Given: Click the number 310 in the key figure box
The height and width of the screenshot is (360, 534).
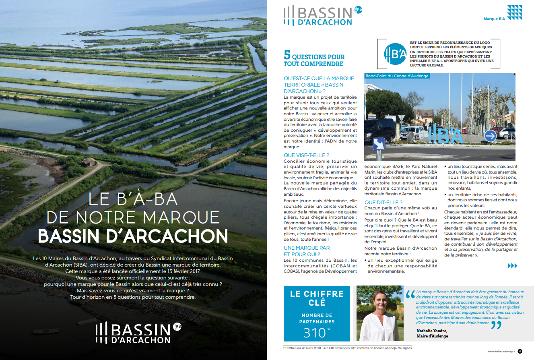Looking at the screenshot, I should tap(314, 333).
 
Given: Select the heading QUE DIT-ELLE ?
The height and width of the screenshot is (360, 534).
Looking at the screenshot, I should tap(383, 202).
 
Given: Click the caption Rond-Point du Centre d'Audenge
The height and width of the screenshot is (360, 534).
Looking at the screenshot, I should tap(397, 76).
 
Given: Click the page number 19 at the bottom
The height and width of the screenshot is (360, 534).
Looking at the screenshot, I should tap(520, 351).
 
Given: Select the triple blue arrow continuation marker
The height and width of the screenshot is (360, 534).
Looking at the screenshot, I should tap(512, 266).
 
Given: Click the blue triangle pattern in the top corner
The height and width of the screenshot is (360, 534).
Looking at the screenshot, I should tap(514, 12).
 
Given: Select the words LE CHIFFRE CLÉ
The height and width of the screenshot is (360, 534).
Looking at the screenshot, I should tap(317, 298).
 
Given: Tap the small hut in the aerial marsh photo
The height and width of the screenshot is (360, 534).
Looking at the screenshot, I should tap(89, 161).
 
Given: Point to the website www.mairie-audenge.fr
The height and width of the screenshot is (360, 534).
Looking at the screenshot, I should tap(501, 352).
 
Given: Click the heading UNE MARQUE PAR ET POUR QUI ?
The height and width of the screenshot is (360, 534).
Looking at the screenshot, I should tap(302, 251).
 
